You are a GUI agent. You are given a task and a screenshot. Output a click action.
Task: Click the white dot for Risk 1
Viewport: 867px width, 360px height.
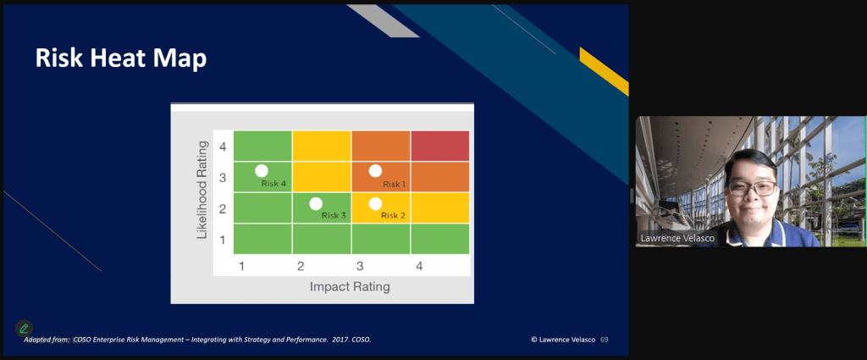[x=375, y=171]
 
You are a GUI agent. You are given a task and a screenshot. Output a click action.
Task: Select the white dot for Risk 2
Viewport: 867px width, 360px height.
[x=375, y=203]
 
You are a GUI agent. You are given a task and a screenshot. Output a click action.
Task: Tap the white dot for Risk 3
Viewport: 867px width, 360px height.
[x=316, y=203]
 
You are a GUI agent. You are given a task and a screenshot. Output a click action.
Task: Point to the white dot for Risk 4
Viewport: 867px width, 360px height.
[x=262, y=171]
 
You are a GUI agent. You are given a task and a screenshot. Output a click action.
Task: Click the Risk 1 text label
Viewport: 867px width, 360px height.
[x=394, y=184]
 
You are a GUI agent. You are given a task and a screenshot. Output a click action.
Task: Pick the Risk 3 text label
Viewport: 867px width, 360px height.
[x=334, y=215]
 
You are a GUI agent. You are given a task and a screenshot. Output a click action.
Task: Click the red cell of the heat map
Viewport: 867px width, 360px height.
[x=439, y=146]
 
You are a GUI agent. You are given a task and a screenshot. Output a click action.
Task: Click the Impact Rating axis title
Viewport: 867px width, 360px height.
[x=350, y=286]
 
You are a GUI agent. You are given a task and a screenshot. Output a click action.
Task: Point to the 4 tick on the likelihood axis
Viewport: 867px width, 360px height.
[x=222, y=147]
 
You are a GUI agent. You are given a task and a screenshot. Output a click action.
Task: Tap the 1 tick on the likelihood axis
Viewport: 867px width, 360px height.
[x=222, y=240]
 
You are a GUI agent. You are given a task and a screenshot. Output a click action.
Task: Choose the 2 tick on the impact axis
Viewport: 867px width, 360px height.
[x=301, y=267]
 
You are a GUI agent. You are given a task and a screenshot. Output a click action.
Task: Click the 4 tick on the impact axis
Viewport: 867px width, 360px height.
[x=419, y=267]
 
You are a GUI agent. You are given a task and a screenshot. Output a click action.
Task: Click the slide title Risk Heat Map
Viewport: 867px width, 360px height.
[x=121, y=59]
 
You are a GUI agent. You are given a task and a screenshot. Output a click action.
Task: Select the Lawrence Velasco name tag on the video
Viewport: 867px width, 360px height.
[x=677, y=238]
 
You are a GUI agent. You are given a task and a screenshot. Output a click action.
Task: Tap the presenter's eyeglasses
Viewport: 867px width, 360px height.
[x=753, y=187]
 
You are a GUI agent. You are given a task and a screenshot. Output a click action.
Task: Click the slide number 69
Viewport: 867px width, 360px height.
[x=605, y=340]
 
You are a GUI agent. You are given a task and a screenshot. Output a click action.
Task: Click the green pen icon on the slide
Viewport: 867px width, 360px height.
[x=24, y=328]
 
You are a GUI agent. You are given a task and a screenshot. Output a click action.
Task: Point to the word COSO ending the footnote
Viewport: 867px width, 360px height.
[x=361, y=340]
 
